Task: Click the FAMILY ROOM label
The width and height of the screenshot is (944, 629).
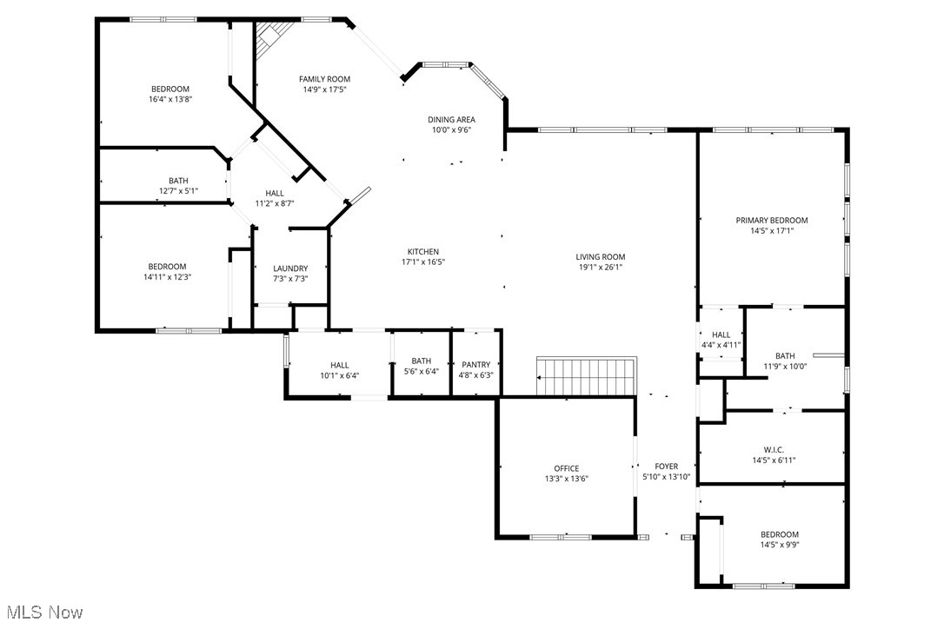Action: tap(326, 79)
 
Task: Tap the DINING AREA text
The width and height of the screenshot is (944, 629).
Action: tap(451, 120)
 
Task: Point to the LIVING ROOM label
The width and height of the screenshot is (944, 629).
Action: tap(600, 257)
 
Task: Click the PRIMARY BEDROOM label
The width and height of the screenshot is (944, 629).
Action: tap(771, 221)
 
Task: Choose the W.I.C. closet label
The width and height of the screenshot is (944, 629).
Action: tap(774, 450)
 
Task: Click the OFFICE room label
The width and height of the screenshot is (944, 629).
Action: tap(566, 468)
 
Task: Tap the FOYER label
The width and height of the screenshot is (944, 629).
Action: tap(666, 467)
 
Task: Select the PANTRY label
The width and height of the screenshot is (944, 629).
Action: tap(475, 365)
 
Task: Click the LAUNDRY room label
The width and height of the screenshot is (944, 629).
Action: tap(290, 268)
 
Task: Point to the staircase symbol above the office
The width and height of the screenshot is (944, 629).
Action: tap(587, 376)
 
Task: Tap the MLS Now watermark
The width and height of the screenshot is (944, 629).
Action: tap(42, 612)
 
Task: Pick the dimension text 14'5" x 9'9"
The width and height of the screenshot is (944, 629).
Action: tap(779, 546)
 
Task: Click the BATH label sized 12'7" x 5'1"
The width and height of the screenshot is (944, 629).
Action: tap(178, 181)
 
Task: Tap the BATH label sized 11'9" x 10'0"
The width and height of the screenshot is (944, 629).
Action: tap(785, 356)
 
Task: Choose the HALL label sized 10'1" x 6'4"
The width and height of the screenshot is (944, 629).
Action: tap(339, 365)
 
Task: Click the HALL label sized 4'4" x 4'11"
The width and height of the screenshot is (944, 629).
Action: tap(721, 334)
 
